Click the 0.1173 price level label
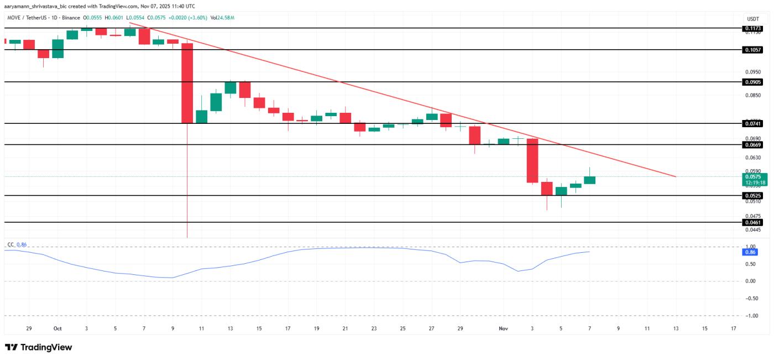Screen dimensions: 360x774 pyautogui.click(x=753, y=28)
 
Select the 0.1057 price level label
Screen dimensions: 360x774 pyautogui.click(x=753, y=49)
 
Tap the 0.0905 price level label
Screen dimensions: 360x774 pyautogui.click(x=753, y=82)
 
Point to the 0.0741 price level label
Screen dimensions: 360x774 pyautogui.click(x=753, y=123)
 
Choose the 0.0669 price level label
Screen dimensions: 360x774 pyautogui.click(x=753, y=144)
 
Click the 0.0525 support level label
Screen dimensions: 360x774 pyautogui.click(x=753, y=196)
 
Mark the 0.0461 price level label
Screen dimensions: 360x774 pyautogui.click(x=753, y=222)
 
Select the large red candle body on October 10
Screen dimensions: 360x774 pyautogui.click(x=187, y=83)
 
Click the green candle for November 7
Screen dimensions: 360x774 pyautogui.click(x=589, y=180)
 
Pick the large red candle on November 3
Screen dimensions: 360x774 pyautogui.click(x=532, y=160)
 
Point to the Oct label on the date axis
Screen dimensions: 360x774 pyautogui.click(x=57, y=328)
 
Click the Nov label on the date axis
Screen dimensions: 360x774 pyautogui.click(x=503, y=328)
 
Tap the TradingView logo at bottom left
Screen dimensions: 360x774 pyautogui.click(x=39, y=347)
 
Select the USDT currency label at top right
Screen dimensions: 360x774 pyautogui.click(x=753, y=19)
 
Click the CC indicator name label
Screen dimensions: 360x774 pyautogui.click(x=10, y=244)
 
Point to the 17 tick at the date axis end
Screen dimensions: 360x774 pyautogui.click(x=733, y=328)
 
